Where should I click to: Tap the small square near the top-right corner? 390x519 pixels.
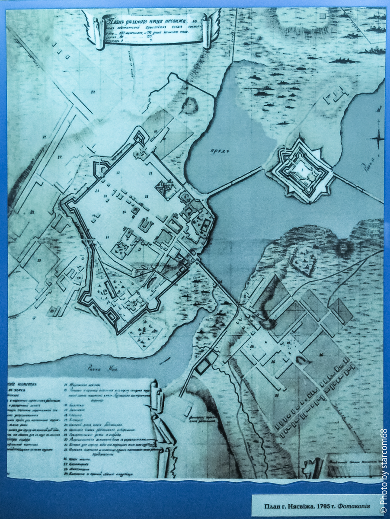[323, 16]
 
